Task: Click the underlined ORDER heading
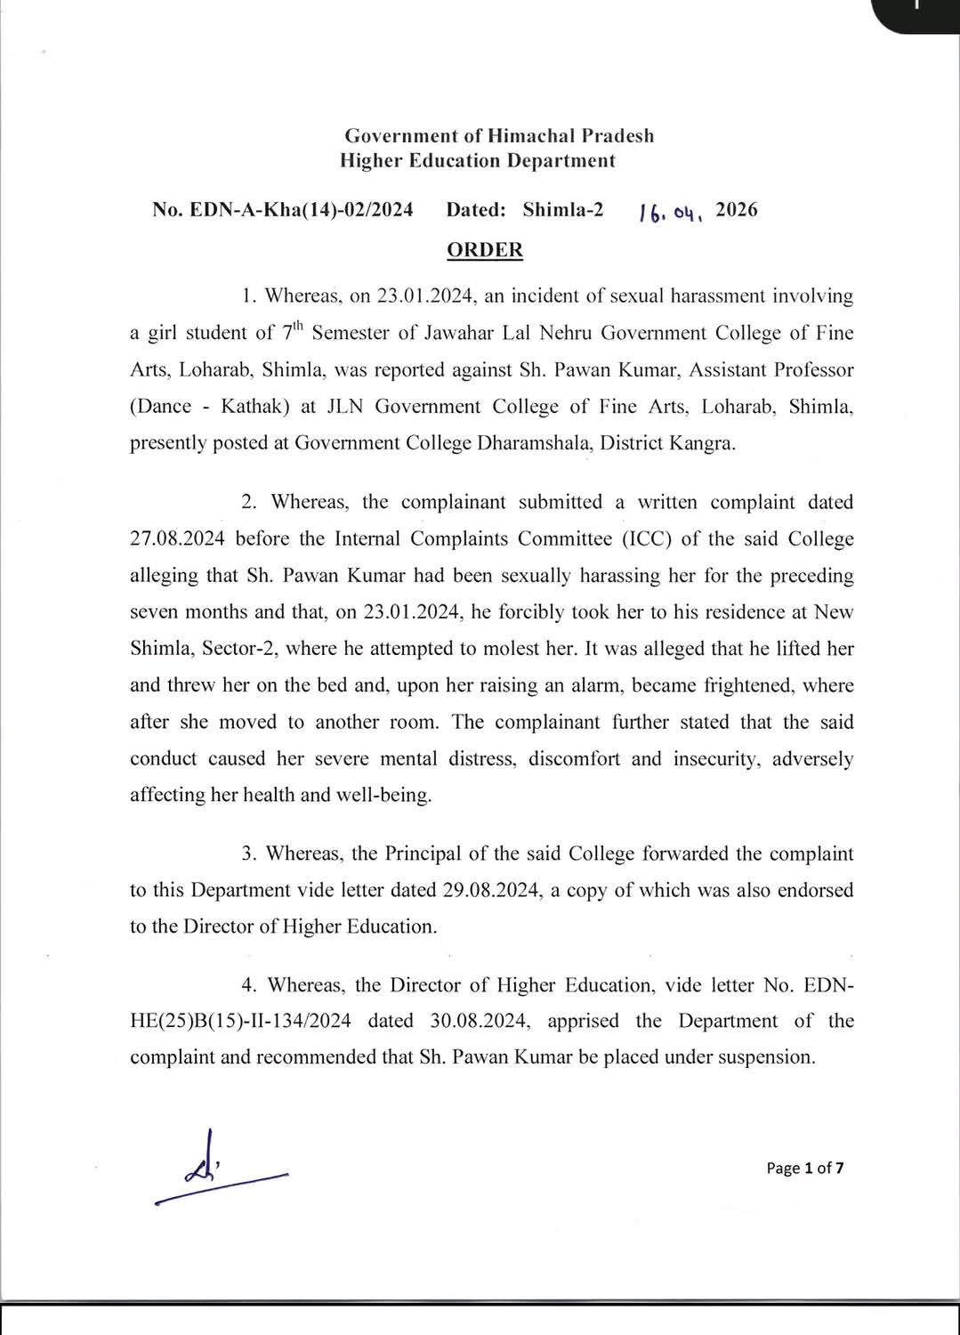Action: tap(484, 250)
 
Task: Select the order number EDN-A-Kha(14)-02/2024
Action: tap(283, 210)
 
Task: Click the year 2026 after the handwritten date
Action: tap(737, 210)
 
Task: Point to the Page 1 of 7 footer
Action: tap(804, 1168)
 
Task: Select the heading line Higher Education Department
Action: tap(477, 160)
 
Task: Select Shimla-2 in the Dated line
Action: tap(562, 210)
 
